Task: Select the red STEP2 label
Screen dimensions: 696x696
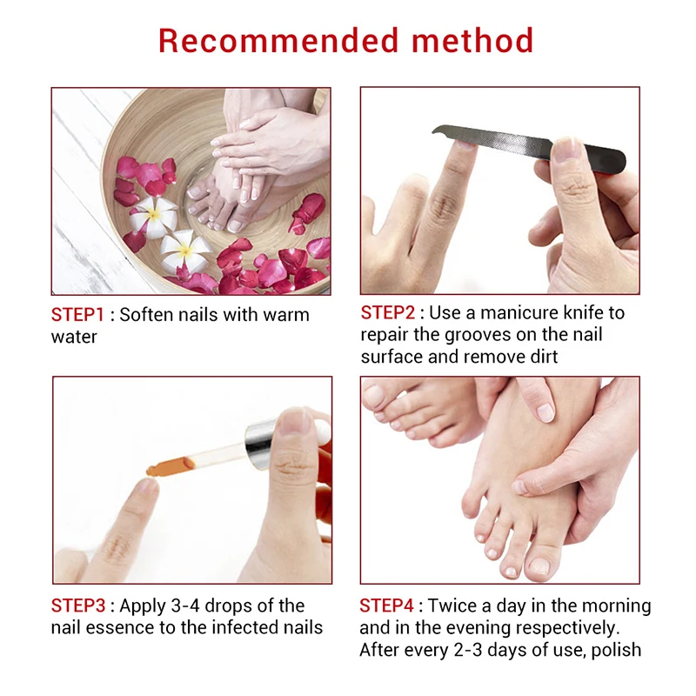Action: (x=388, y=312)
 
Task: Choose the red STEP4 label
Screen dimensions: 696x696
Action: (x=388, y=606)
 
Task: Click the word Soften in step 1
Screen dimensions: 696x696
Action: (x=146, y=314)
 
